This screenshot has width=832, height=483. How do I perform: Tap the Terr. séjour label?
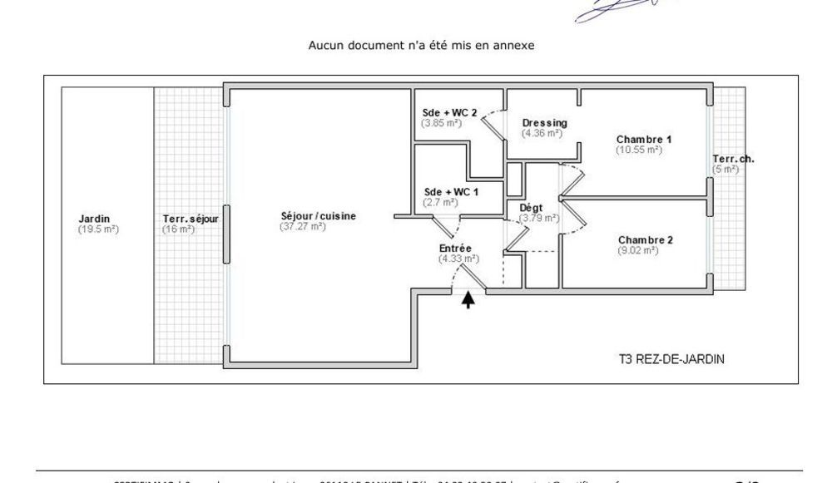191,219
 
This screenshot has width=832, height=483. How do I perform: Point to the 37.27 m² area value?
303,226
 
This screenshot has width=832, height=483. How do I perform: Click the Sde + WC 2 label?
450,113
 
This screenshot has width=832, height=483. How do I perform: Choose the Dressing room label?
545,123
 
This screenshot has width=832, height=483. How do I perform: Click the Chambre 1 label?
644,139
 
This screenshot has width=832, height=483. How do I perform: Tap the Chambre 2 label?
646,240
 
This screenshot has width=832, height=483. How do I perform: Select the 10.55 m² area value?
639,150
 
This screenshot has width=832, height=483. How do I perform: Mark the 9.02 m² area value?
638,250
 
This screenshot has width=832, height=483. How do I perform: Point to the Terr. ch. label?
733,159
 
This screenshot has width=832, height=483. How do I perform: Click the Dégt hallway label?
531,208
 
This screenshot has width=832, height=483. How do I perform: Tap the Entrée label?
456,249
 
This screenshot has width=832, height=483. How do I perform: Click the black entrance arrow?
469,299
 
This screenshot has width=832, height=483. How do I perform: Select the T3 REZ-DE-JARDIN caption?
667,360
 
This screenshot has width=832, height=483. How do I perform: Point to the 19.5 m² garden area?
98,229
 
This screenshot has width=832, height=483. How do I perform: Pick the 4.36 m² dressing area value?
542,133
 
